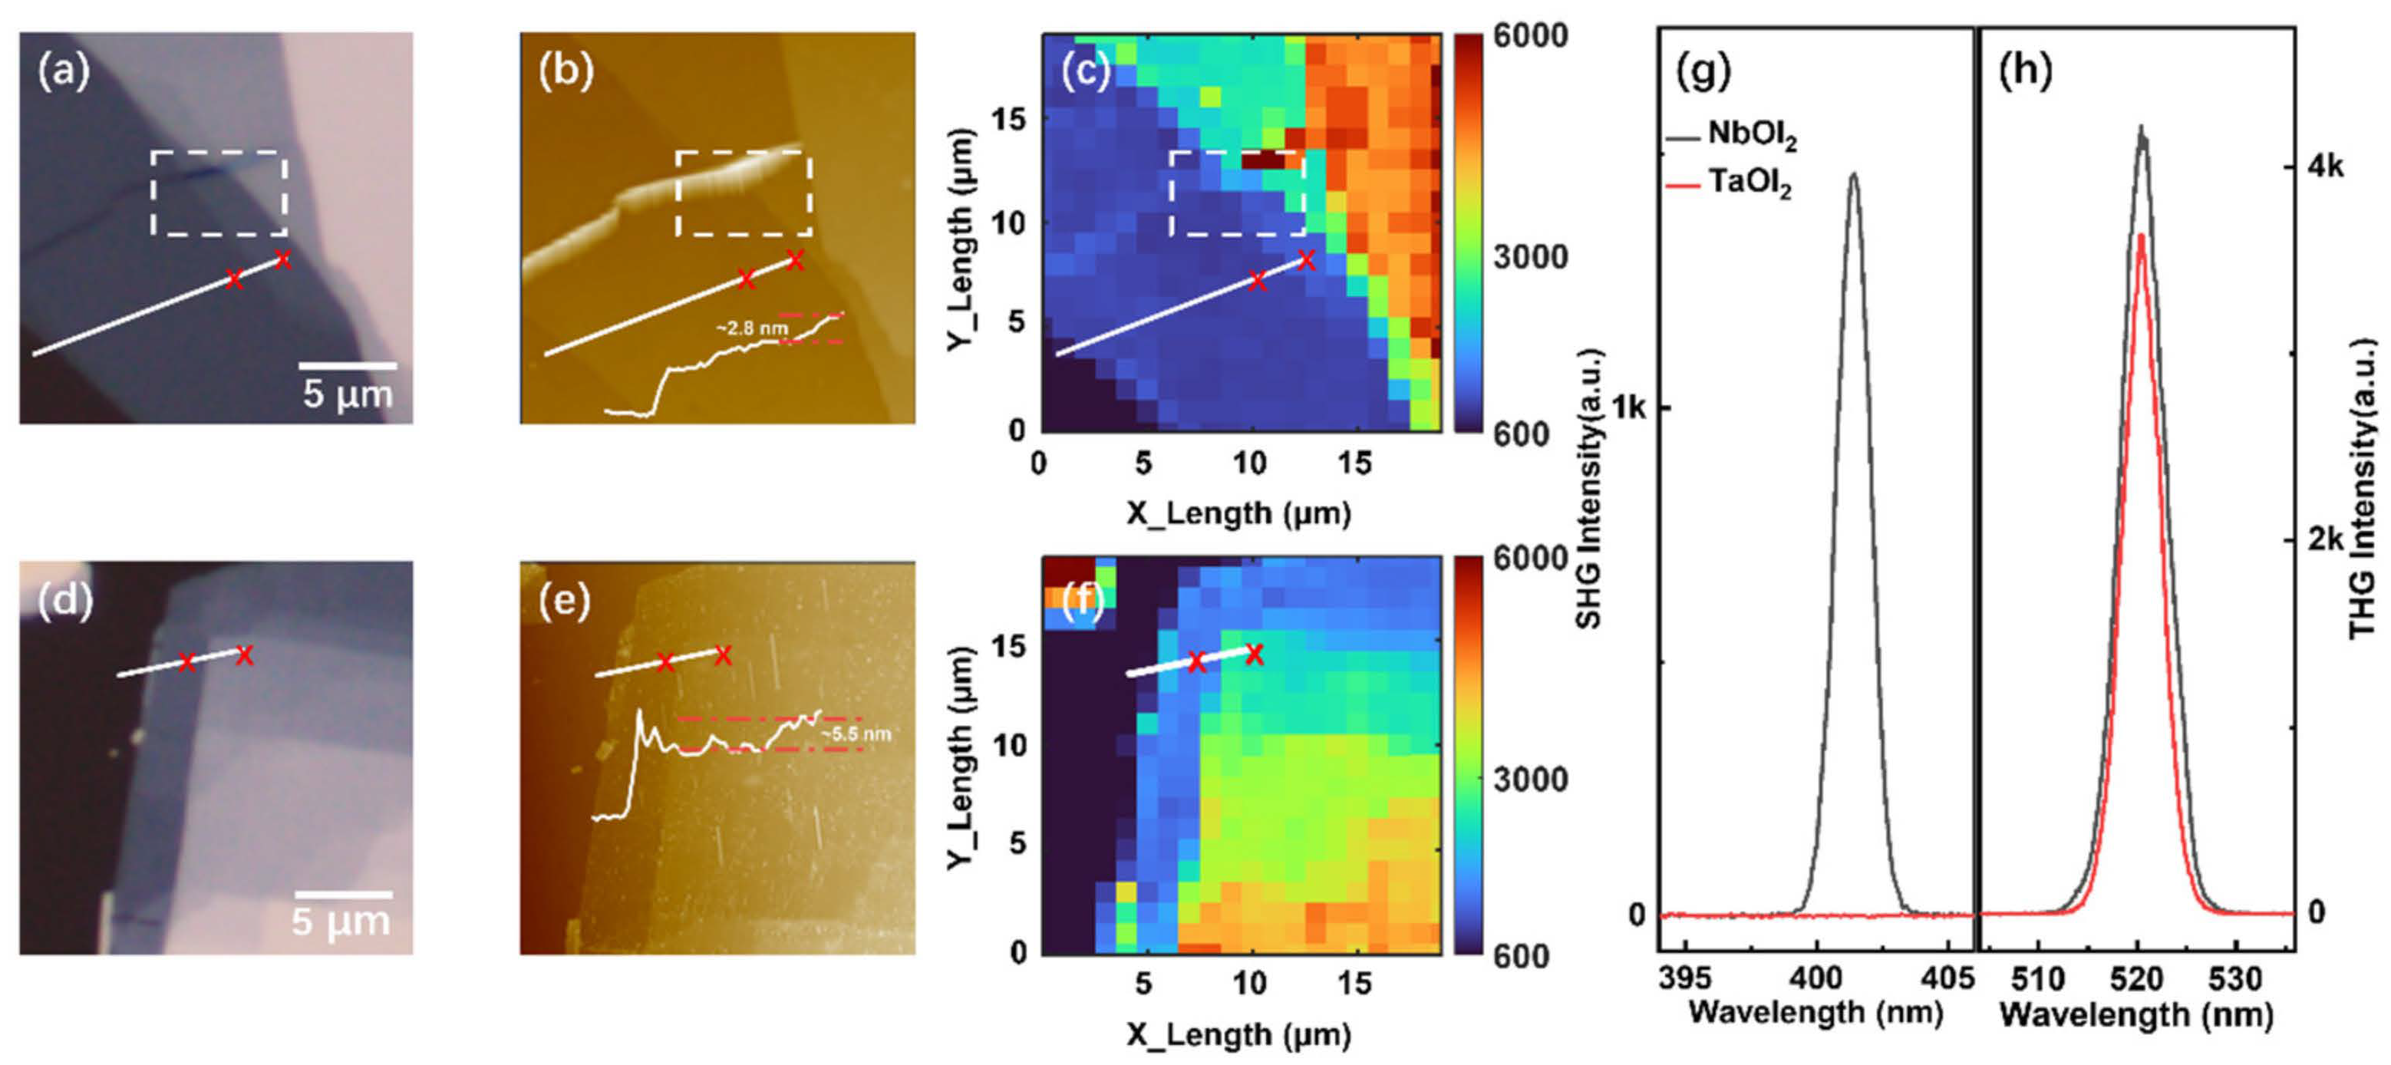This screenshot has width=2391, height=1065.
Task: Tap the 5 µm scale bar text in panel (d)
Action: [x=341, y=922]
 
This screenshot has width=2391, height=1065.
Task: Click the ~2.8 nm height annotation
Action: [x=751, y=328]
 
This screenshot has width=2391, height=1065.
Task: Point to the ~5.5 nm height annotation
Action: [x=855, y=734]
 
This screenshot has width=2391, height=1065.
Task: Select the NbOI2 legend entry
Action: [x=1750, y=136]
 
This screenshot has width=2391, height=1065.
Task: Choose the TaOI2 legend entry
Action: [x=1749, y=183]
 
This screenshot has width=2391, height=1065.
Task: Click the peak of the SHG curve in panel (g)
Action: [x=1854, y=173]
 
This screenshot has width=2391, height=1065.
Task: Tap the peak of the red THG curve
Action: [x=2139, y=235]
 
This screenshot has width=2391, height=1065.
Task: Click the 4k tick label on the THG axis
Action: [x=2324, y=167]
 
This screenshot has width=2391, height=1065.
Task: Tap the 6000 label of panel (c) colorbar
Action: [x=1529, y=36]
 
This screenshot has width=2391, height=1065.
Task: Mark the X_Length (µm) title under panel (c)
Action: [x=1238, y=513]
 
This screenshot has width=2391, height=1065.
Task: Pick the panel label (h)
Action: [x=2024, y=71]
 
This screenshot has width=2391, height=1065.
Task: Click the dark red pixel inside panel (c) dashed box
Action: [x=1263, y=160]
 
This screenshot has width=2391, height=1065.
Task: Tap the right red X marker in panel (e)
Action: [x=722, y=655]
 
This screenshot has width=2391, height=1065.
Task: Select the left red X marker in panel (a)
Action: [x=234, y=279]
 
